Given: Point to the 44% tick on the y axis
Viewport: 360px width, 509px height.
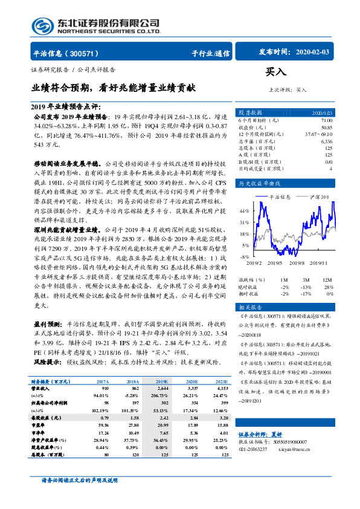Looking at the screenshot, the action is [x=244, y=212].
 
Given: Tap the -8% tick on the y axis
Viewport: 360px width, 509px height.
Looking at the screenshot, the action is [x=245, y=257].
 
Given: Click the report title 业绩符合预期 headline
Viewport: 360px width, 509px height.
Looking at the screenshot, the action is [x=114, y=87].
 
